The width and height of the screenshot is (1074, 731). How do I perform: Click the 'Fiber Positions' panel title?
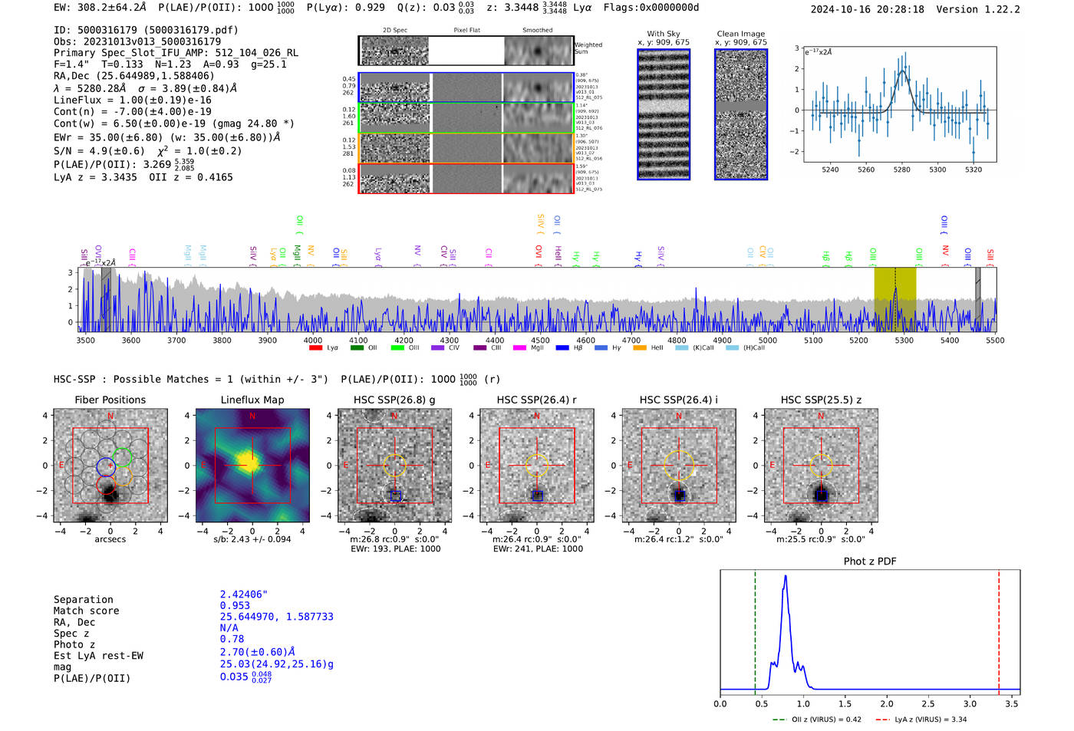(x=110, y=400)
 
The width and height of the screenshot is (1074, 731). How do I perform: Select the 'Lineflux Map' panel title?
(x=252, y=400)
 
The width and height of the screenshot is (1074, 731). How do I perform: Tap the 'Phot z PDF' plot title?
(x=869, y=561)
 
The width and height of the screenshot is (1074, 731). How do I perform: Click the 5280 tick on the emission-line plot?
(x=901, y=170)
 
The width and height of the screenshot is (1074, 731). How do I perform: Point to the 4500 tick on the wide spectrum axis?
(x=540, y=341)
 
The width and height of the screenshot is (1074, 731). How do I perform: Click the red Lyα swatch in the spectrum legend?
(x=315, y=348)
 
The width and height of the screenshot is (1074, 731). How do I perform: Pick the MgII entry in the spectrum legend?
(x=530, y=348)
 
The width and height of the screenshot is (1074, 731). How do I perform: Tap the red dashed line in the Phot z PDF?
(x=999, y=629)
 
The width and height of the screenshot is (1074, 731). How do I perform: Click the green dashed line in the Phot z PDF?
(x=755, y=629)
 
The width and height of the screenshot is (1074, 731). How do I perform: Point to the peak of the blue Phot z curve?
(x=786, y=577)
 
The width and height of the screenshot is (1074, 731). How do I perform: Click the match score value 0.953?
(x=235, y=606)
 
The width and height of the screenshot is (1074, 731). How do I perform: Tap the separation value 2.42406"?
(x=243, y=594)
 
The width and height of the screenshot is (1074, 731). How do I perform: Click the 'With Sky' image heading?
(x=663, y=34)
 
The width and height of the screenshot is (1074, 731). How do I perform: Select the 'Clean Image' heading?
(x=740, y=34)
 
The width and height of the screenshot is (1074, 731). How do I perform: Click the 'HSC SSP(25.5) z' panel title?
(x=821, y=400)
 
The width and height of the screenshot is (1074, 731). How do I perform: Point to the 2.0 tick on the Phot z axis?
(x=887, y=703)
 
